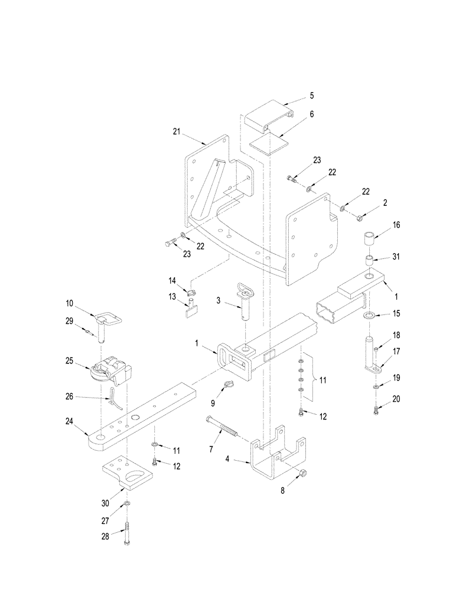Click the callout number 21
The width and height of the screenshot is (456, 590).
tap(177, 133)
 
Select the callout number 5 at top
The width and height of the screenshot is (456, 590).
tap(311, 95)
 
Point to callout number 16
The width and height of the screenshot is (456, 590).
tap(396, 225)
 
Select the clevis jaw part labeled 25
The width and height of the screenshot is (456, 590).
tap(112, 370)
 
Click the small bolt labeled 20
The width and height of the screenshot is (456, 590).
tap(376, 411)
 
